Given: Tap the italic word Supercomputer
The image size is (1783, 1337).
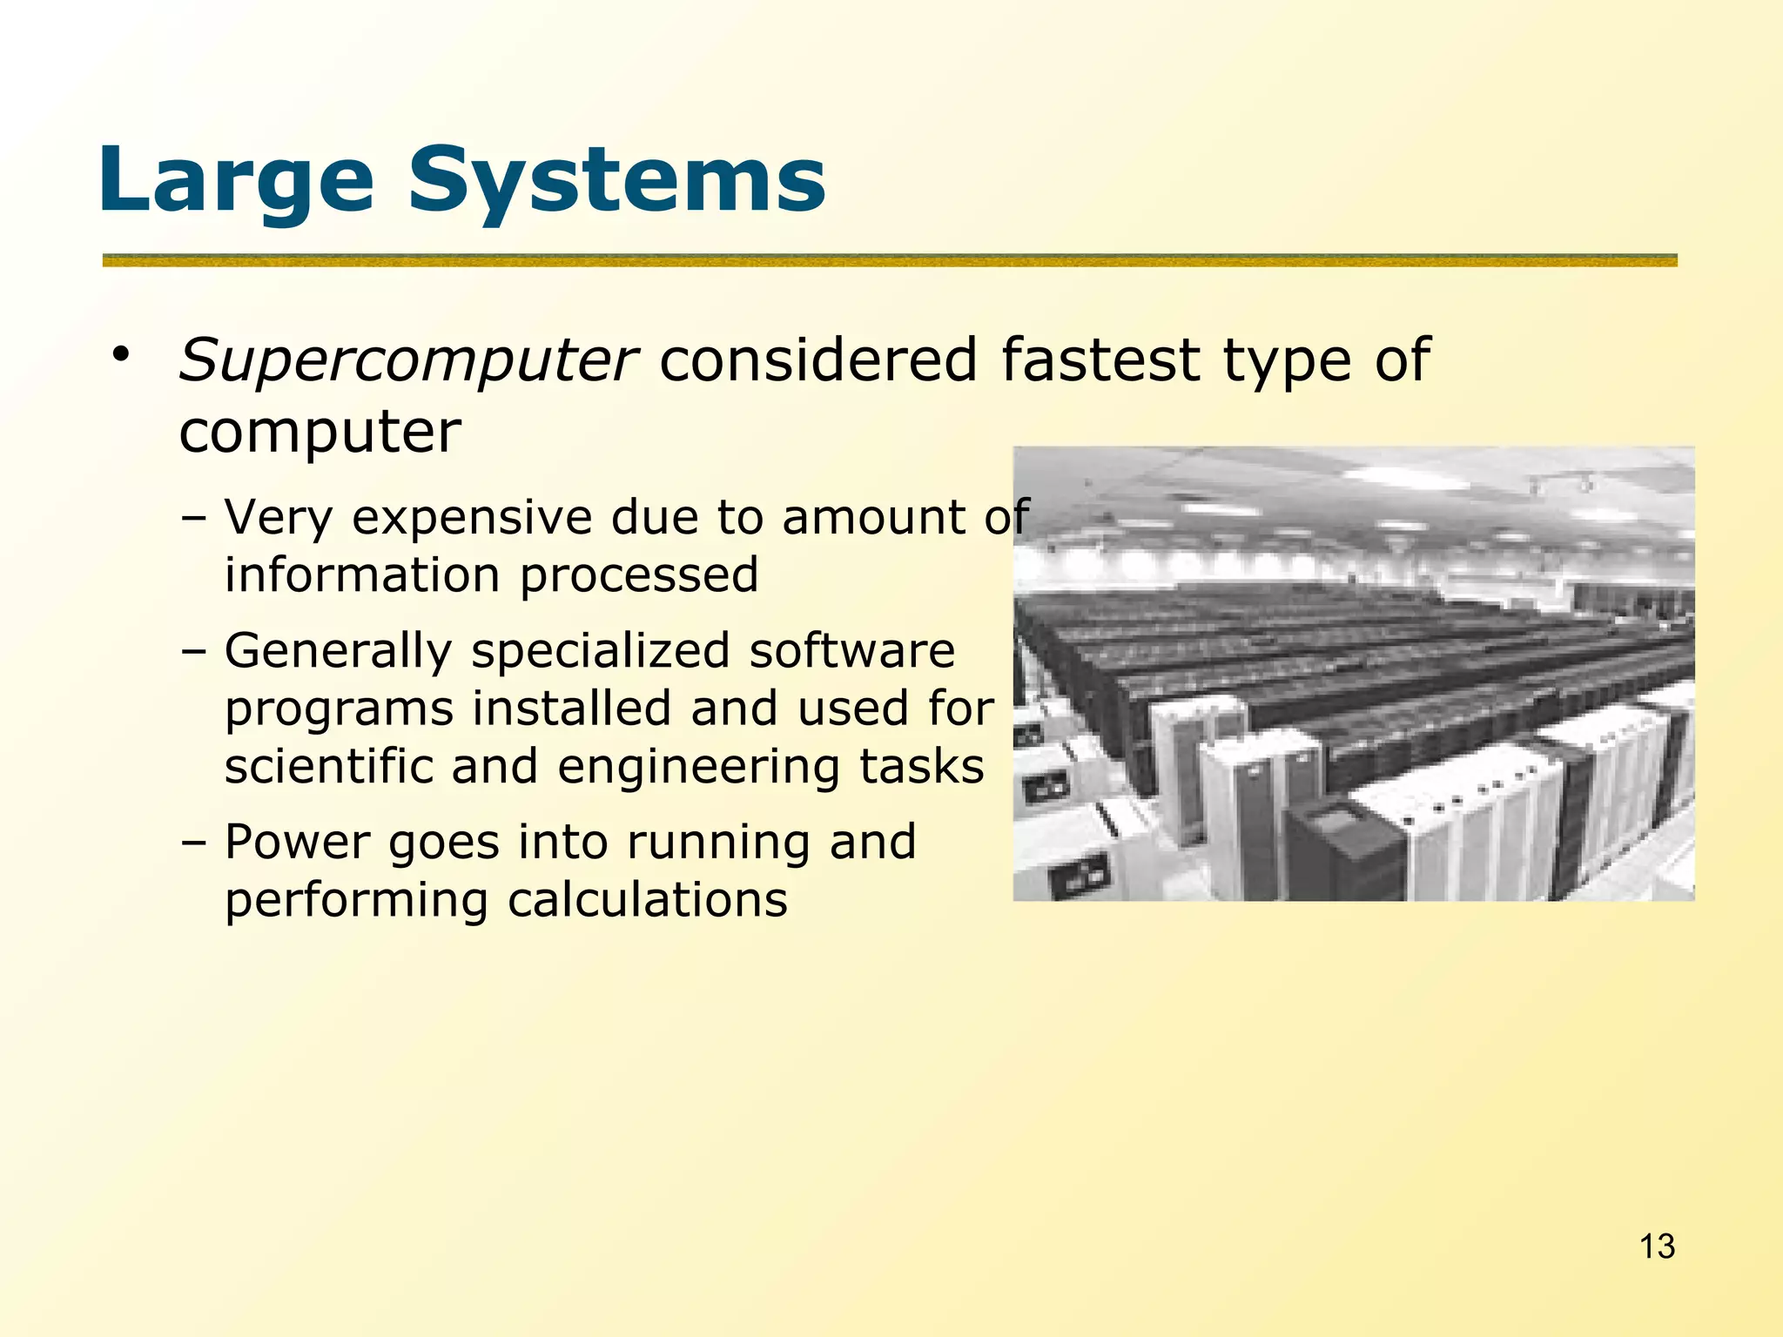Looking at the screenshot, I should tap(407, 361).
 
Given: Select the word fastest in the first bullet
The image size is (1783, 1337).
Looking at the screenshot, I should tap(1100, 359).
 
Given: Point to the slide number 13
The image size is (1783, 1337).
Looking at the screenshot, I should tap(1657, 1246).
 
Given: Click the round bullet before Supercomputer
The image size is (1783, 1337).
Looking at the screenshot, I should tap(119, 355).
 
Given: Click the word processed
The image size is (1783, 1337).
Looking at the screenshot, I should tap(639, 576).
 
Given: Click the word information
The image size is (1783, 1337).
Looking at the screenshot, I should tap(362, 576).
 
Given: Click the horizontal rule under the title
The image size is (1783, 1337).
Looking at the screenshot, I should tap(889, 260).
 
